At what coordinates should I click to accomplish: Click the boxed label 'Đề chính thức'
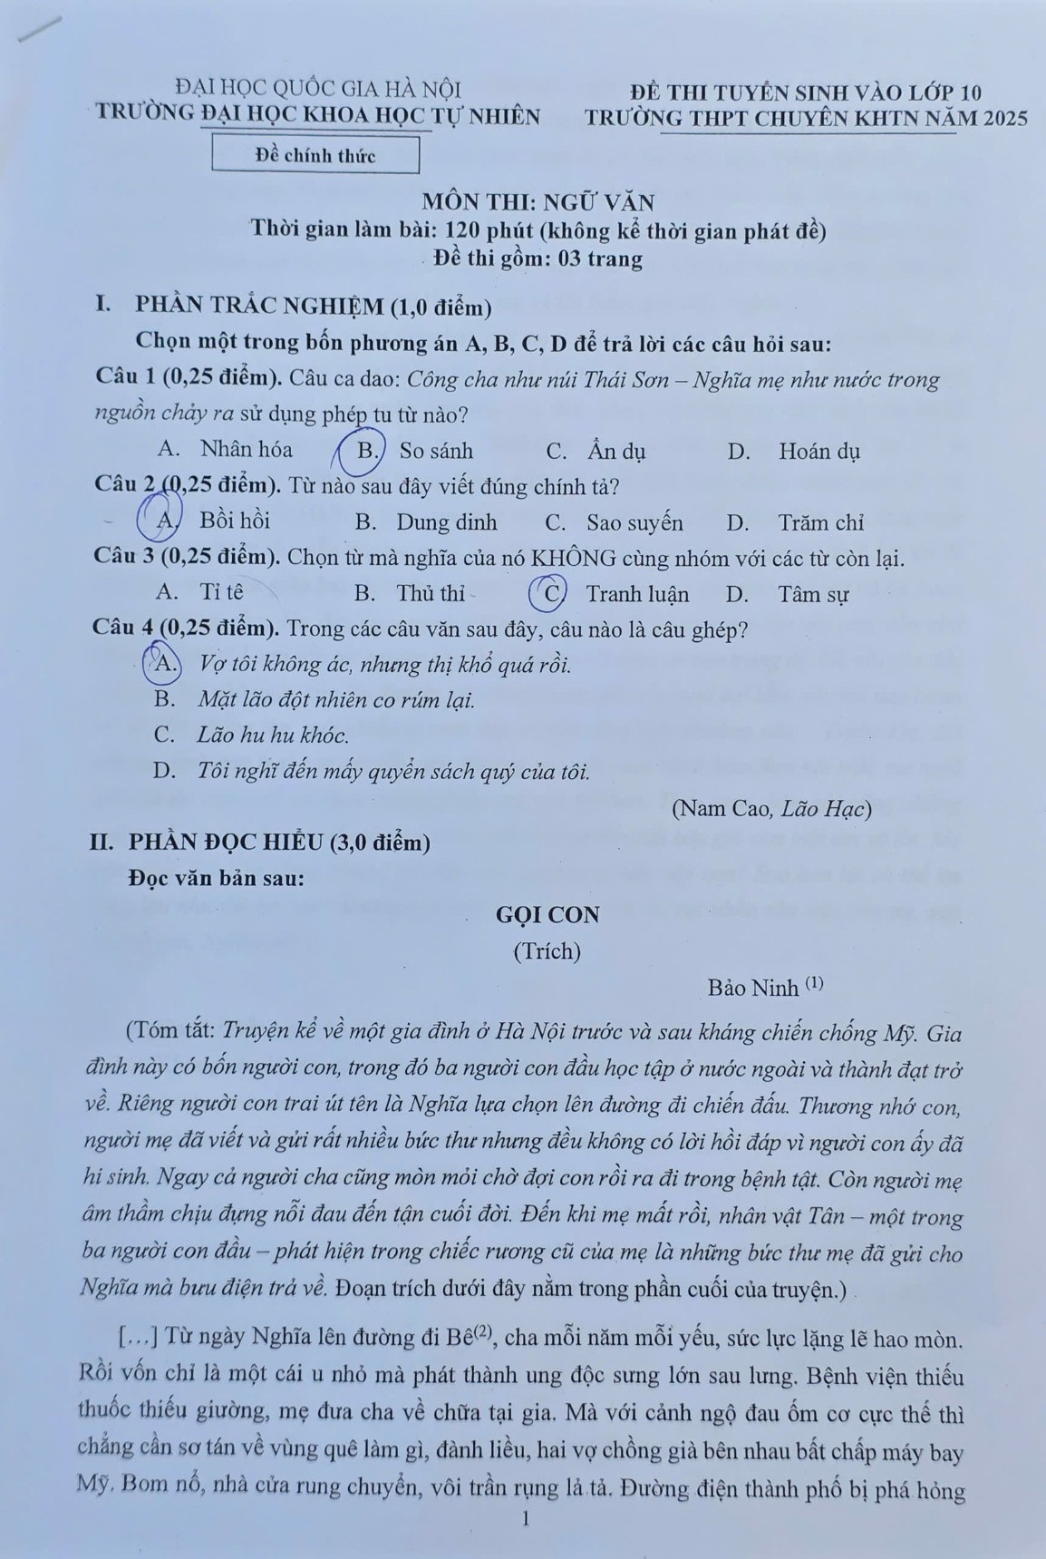[315, 155]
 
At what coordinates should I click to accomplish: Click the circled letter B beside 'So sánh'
[367, 451]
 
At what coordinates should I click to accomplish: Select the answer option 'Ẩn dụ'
[615, 451]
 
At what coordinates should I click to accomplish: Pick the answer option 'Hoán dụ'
[818, 451]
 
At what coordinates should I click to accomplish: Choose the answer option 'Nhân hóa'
[246, 449]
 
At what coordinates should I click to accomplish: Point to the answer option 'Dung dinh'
[446, 522]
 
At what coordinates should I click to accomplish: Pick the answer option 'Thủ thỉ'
[431, 594]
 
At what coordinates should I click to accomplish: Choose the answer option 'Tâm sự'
[813, 595]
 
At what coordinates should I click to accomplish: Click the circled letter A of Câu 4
[165, 663]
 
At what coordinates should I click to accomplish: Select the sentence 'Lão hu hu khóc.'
[272, 736]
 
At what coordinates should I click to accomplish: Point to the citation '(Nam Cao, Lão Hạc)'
[771, 808]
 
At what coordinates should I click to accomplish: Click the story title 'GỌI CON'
[547, 915]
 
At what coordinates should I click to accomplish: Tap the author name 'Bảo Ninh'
[753, 988]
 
